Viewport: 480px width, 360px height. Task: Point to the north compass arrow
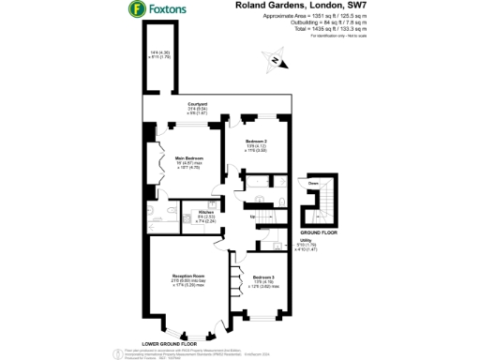275,62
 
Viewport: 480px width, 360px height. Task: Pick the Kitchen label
206,213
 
